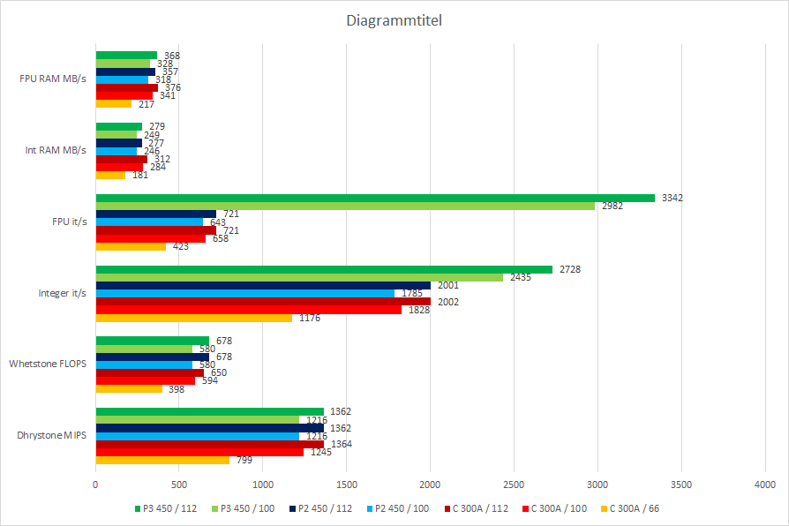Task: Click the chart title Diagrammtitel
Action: (394, 20)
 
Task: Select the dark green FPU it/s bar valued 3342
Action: (375, 198)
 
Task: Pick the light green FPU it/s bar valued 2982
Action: (345, 206)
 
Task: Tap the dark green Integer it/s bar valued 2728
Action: (324, 269)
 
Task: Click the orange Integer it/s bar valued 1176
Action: (194, 318)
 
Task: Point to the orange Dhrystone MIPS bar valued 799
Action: (162, 460)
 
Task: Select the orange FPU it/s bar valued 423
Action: (131, 246)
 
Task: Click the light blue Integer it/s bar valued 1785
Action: (245, 293)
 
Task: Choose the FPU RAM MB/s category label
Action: (53, 79)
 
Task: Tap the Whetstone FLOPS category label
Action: (48, 364)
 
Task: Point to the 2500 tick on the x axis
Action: (515, 485)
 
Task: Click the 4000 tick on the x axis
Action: (765, 485)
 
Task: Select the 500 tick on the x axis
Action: (179, 485)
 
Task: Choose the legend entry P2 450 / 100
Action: (400, 508)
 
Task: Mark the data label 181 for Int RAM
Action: (140, 175)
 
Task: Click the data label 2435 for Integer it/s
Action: (522, 277)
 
